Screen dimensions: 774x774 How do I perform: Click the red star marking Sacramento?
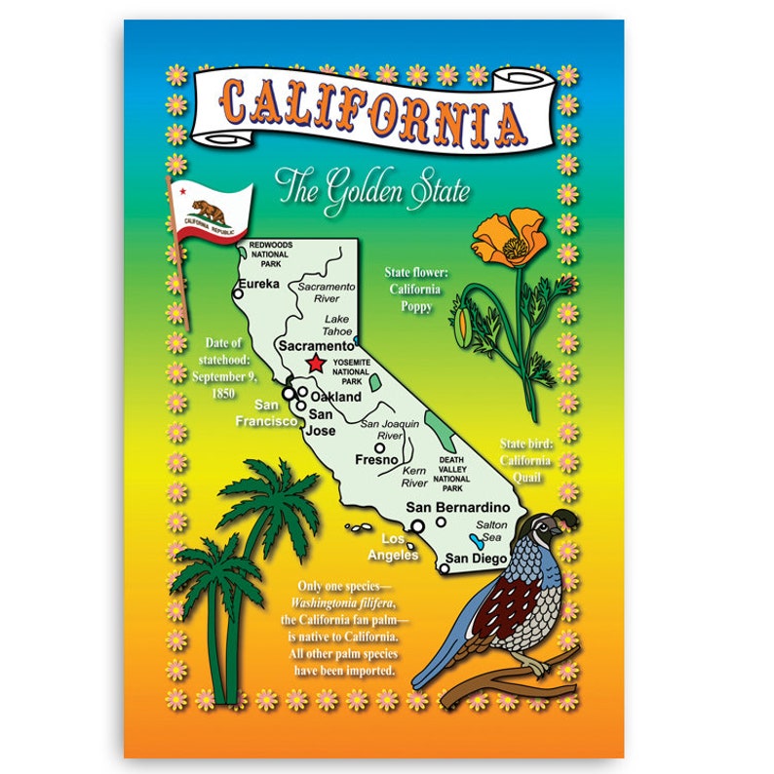(315, 364)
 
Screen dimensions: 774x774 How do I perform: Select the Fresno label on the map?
(376, 459)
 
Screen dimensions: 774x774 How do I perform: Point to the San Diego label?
(476, 559)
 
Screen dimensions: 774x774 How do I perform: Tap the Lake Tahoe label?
(336, 326)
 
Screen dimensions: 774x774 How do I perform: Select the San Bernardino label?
(458, 507)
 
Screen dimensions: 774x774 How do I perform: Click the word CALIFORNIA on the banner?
(374, 109)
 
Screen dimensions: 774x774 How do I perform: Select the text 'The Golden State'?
(371, 187)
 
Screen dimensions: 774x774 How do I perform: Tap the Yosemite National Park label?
(354, 372)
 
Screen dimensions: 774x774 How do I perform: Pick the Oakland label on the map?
(335, 398)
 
